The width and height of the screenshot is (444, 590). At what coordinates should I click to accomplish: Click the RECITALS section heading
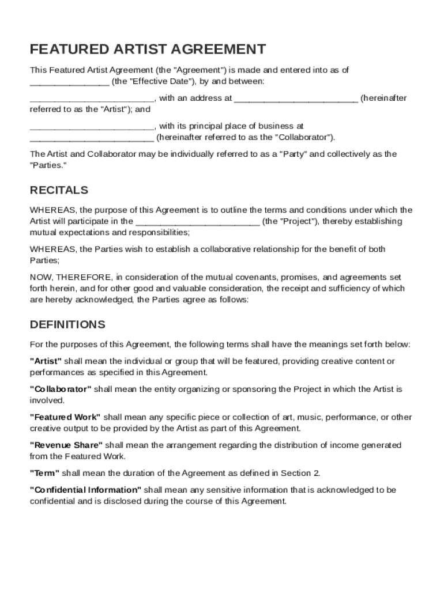coord(59,190)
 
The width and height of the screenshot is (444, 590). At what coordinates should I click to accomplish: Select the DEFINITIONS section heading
coord(67,324)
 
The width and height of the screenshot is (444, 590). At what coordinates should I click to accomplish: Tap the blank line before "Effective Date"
coord(69,82)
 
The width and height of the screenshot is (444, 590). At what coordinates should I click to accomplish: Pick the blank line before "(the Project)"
coord(197,222)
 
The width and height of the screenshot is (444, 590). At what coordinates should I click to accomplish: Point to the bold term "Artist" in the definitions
coord(46,361)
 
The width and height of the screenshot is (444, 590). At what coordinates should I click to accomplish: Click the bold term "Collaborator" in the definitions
coord(60,389)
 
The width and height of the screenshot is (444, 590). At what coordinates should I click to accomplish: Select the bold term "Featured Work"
coord(65,417)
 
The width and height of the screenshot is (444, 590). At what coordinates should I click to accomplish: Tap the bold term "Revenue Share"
coord(66,445)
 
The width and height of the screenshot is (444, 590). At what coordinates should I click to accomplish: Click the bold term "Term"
coord(44,474)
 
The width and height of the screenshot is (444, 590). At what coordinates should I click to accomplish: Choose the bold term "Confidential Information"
coord(85,490)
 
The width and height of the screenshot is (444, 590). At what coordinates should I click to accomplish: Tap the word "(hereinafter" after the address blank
coord(383,99)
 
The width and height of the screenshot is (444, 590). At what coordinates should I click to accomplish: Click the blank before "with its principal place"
coord(92,126)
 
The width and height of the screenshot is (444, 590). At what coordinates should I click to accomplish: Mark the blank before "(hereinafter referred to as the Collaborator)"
coord(92,138)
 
